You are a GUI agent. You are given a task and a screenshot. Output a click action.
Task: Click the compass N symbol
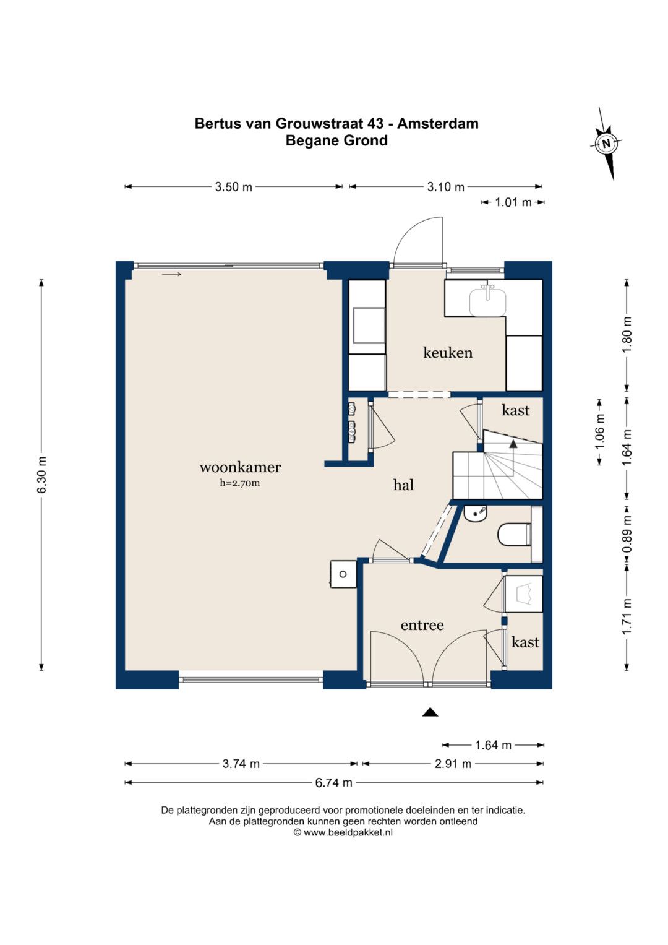click(606, 143)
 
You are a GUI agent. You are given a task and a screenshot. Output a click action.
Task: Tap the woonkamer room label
click(240, 467)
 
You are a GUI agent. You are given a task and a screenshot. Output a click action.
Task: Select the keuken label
click(447, 352)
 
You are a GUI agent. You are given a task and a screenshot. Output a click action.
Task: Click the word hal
click(403, 485)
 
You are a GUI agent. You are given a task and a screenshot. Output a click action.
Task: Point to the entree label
click(422, 625)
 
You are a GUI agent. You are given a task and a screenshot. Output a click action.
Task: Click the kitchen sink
click(487, 300)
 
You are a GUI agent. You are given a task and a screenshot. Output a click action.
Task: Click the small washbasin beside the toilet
click(475, 514)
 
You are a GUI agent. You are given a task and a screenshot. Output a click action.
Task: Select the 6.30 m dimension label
click(42, 474)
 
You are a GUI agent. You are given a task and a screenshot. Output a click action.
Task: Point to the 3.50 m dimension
click(233, 187)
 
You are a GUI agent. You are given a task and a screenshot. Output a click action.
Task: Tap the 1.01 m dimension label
click(513, 202)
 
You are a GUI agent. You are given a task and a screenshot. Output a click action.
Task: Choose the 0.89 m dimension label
click(628, 535)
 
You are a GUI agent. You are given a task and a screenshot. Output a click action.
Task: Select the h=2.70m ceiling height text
click(239, 483)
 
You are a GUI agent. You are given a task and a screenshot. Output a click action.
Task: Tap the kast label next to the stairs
click(515, 410)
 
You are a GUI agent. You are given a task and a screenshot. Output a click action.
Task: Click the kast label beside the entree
click(525, 642)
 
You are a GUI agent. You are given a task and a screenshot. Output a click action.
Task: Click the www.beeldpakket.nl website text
click(348, 832)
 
